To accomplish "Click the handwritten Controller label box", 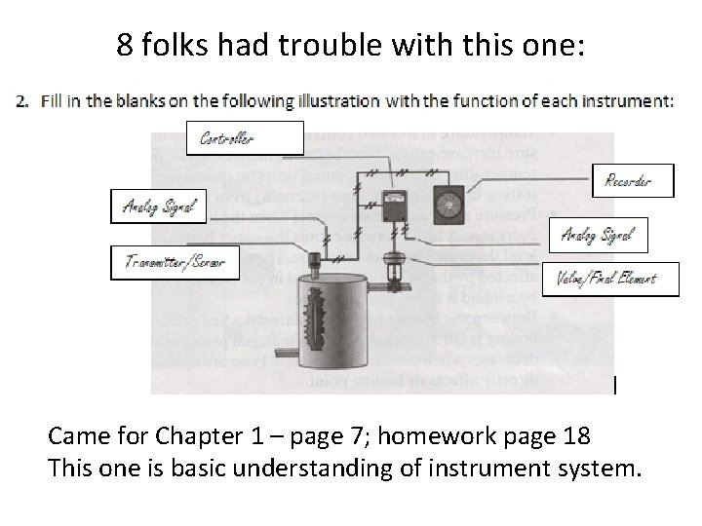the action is point(252,138).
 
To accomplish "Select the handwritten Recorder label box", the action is point(633,180).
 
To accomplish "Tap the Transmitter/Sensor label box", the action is point(175,262).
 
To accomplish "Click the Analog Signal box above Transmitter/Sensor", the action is point(158,205).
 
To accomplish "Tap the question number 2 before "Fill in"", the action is point(23,100).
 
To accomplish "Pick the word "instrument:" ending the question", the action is point(632,100).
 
